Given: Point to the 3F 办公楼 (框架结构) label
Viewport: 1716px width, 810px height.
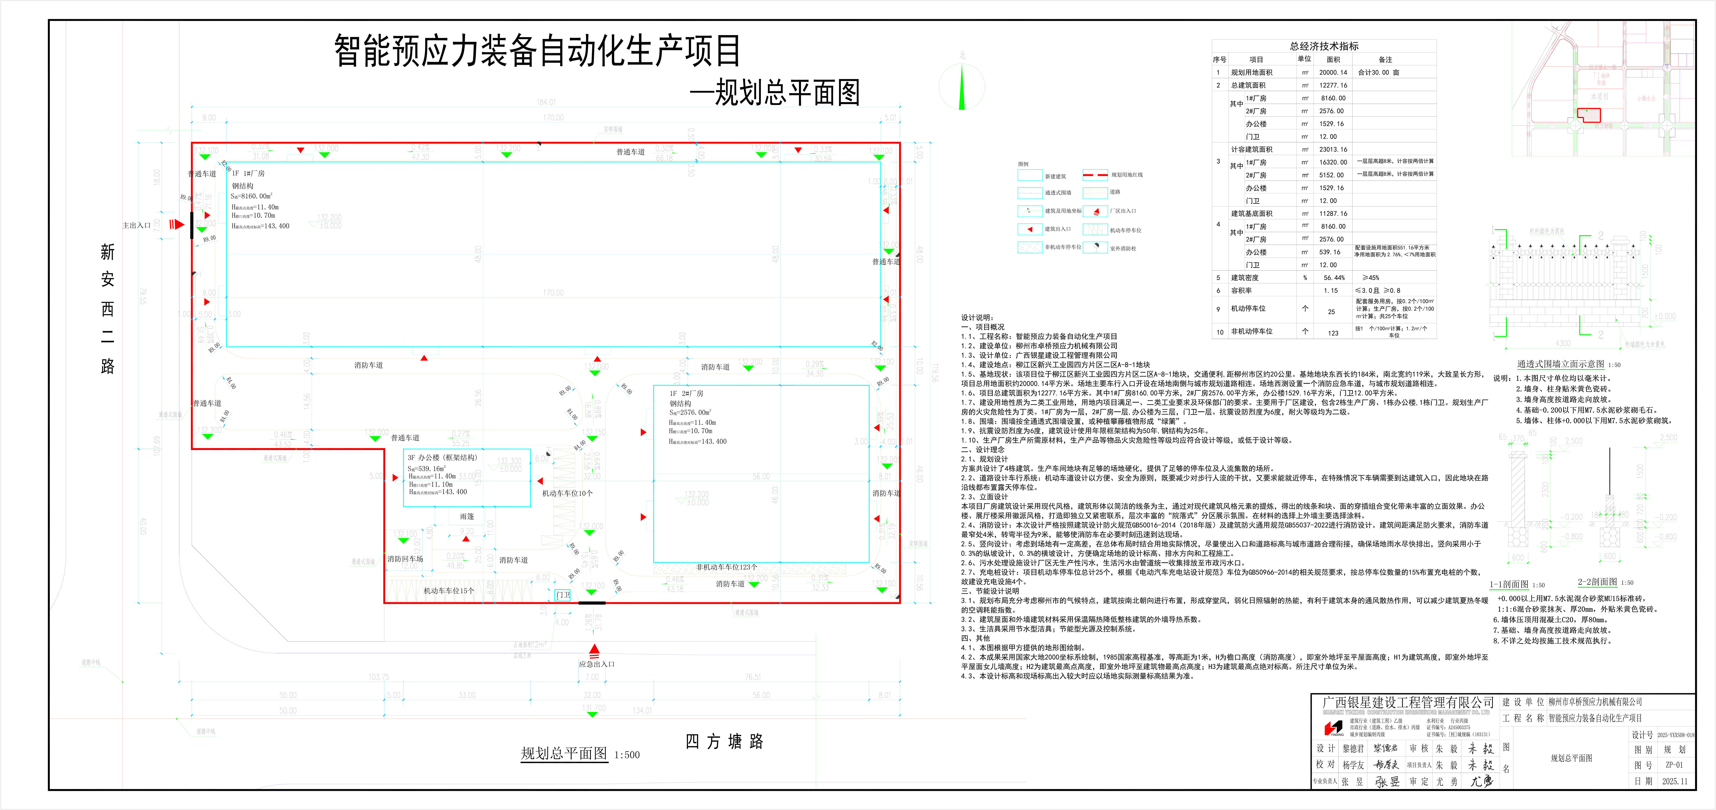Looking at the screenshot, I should (442, 457).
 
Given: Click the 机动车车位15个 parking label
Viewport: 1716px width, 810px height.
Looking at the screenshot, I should (449, 591).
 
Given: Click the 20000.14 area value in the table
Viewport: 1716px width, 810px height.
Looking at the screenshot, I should (1333, 73).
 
